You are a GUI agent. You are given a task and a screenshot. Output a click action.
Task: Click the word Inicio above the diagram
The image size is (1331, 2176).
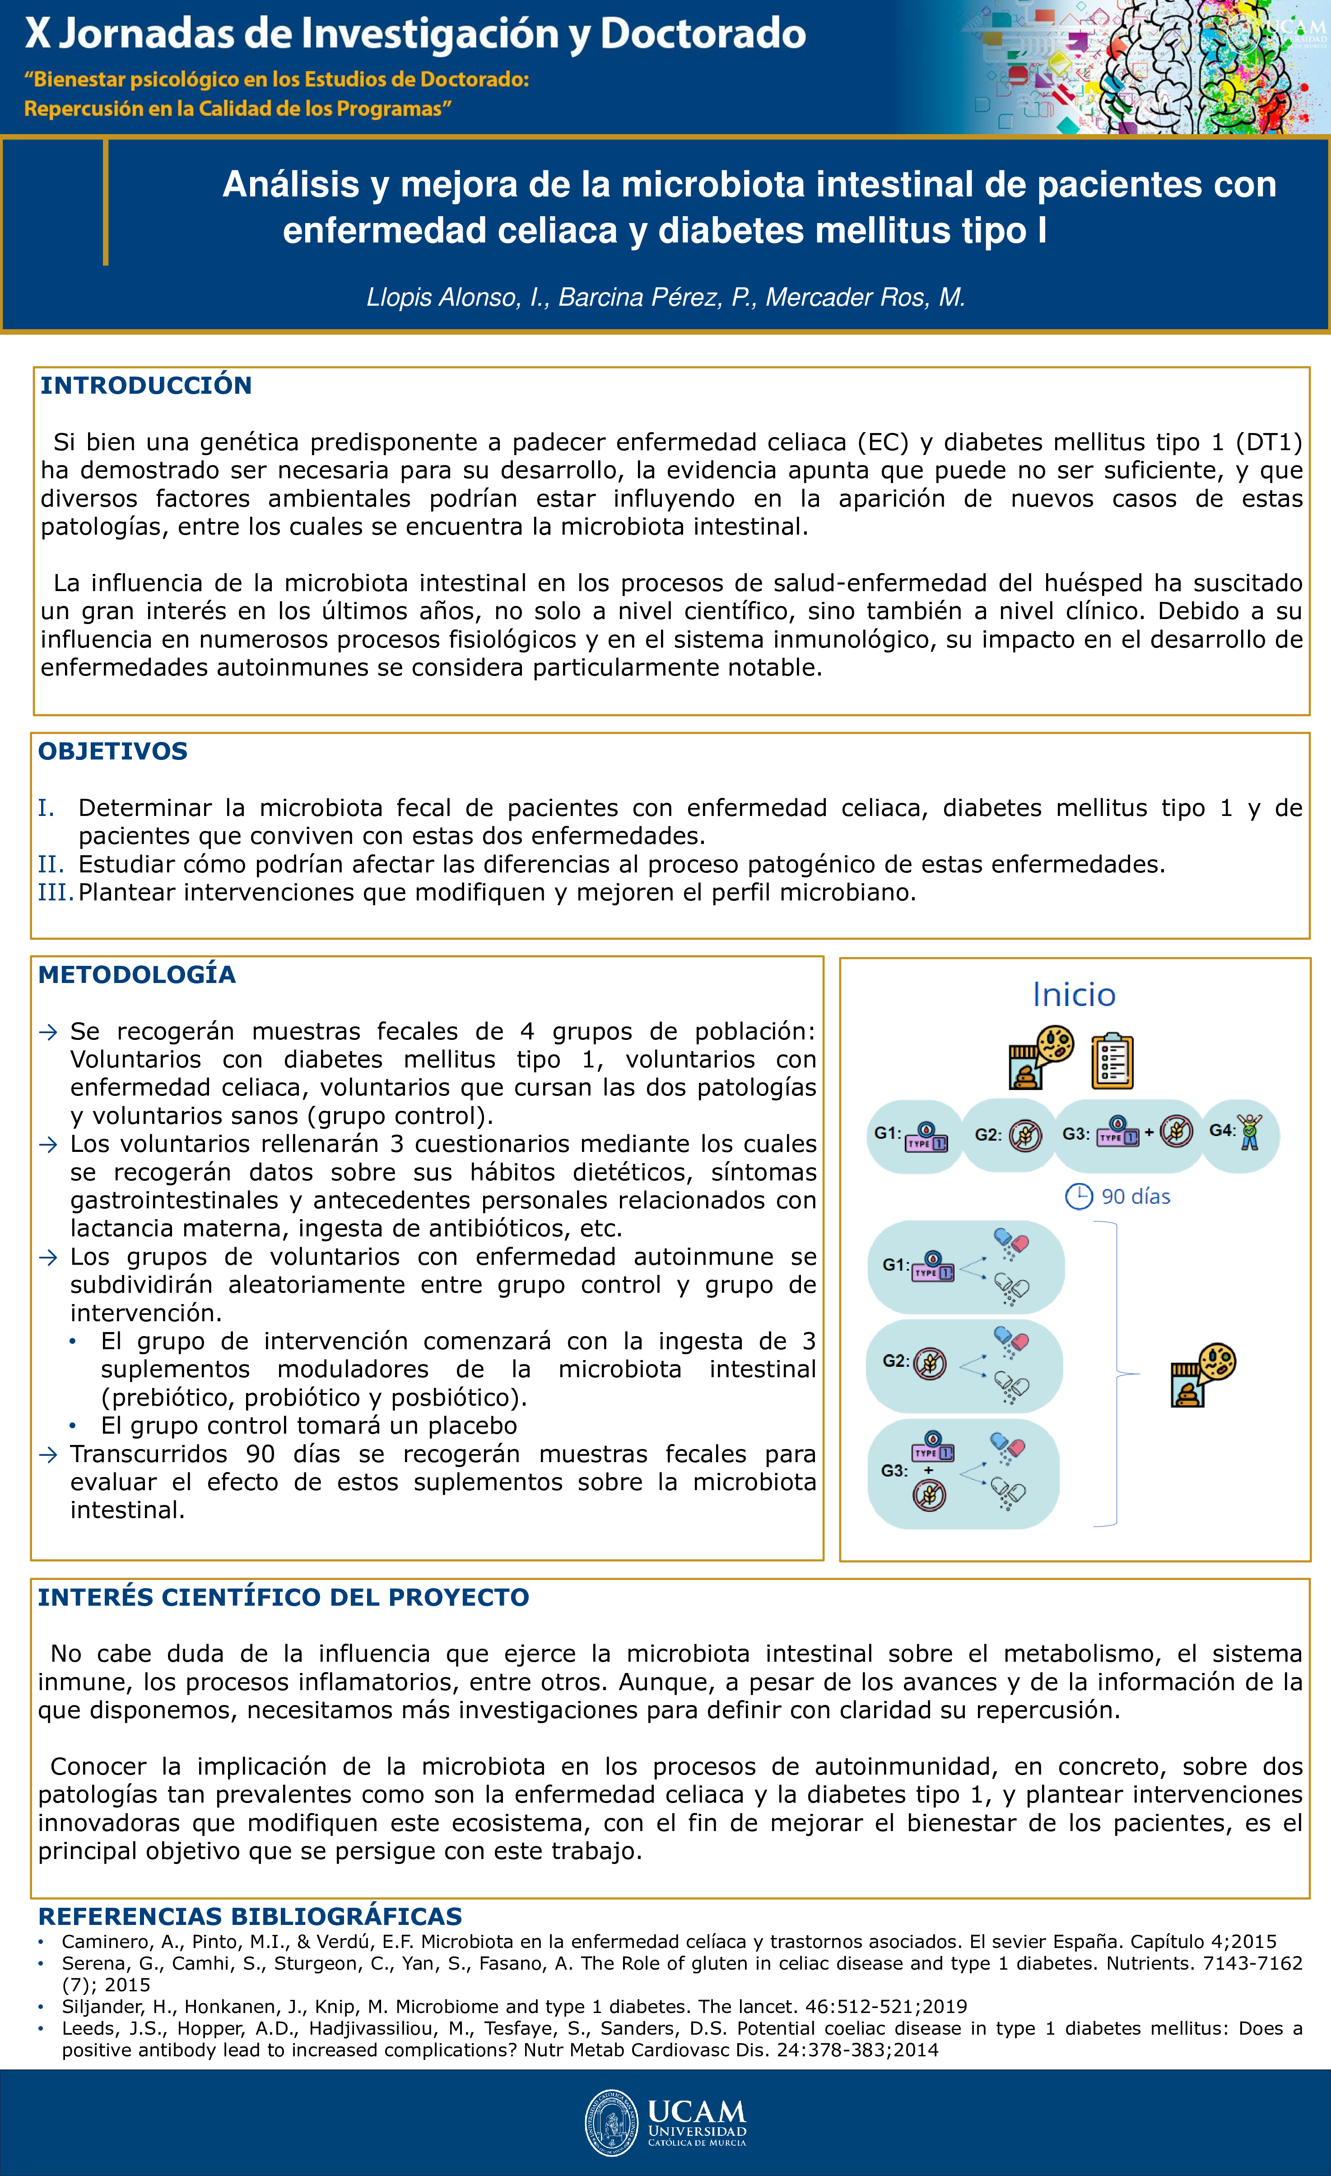click(1074, 995)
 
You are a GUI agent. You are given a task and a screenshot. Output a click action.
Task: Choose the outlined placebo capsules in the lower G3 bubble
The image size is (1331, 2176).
click(1010, 1492)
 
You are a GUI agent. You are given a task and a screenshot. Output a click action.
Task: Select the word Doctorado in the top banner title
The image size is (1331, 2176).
click(703, 33)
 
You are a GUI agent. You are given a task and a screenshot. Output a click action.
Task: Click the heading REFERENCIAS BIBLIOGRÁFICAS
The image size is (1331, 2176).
click(250, 1916)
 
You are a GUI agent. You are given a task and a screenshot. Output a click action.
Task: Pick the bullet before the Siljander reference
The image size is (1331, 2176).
click(41, 2006)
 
